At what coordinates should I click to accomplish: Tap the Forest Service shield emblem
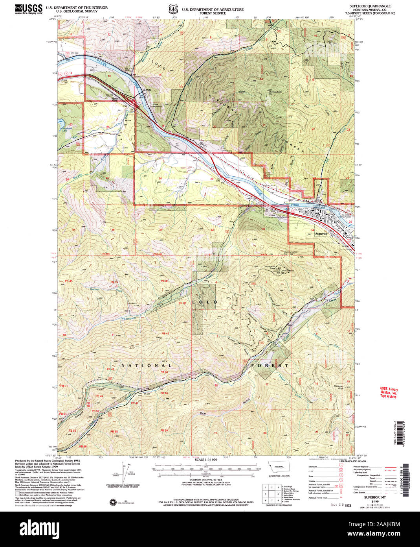171,8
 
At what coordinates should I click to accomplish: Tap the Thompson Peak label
270,267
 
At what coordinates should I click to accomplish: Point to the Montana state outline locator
279,467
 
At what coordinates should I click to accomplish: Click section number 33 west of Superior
264,229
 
